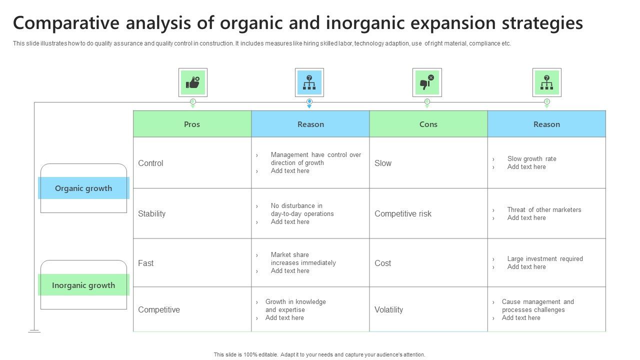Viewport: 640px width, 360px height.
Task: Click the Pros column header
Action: point(192,124)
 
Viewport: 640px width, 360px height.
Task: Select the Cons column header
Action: point(428,124)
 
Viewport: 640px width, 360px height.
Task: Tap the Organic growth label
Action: point(83,188)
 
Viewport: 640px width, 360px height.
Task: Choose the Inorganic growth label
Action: point(83,285)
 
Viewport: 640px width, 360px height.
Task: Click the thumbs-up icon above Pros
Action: point(193,82)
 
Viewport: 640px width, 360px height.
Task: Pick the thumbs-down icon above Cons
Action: point(427,82)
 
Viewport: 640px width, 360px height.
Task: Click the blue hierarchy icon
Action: point(309,82)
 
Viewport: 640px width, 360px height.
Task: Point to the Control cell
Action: point(150,163)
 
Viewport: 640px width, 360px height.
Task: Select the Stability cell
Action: point(151,213)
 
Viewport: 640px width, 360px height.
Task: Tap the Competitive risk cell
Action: point(403,213)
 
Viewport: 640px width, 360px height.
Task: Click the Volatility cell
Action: point(388,309)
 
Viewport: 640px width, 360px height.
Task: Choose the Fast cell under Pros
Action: point(146,263)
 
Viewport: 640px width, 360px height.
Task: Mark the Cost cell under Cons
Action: point(383,263)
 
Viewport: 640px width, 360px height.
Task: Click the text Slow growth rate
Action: point(531,158)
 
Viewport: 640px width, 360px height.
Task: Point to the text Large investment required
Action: point(545,258)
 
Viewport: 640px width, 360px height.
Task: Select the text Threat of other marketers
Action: point(544,209)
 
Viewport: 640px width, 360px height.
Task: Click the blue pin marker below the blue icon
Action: point(309,102)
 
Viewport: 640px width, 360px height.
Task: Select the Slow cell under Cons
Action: point(383,163)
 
